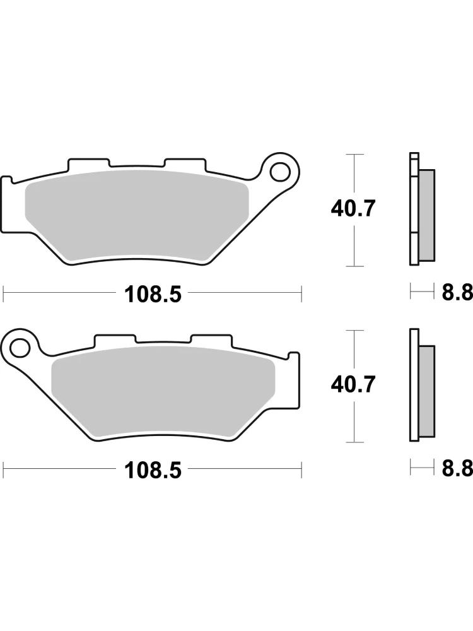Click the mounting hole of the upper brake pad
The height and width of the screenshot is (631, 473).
pos(281,172)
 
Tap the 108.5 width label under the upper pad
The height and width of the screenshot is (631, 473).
pos(153,294)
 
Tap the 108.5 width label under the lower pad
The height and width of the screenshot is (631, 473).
pos(153,470)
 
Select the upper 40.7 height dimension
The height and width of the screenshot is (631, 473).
pos(353,209)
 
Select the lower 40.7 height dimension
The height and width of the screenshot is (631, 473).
pos(353,385)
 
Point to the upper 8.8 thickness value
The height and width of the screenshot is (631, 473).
pos(457,293)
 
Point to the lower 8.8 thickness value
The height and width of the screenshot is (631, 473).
pos(457,468)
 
